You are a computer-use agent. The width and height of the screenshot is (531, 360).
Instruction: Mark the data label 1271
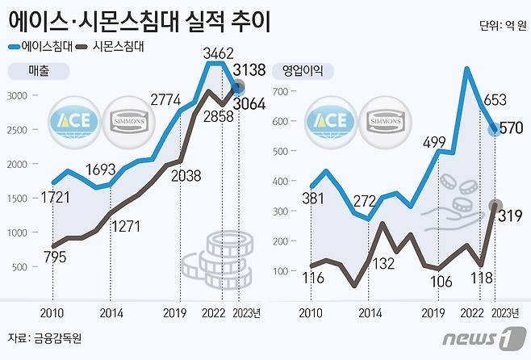(x=128, y=227)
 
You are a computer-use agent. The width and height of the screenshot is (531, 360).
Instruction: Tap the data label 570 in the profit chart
(x=512, y=128)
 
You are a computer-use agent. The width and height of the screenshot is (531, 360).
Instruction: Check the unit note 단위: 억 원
(x=500, y=25)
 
